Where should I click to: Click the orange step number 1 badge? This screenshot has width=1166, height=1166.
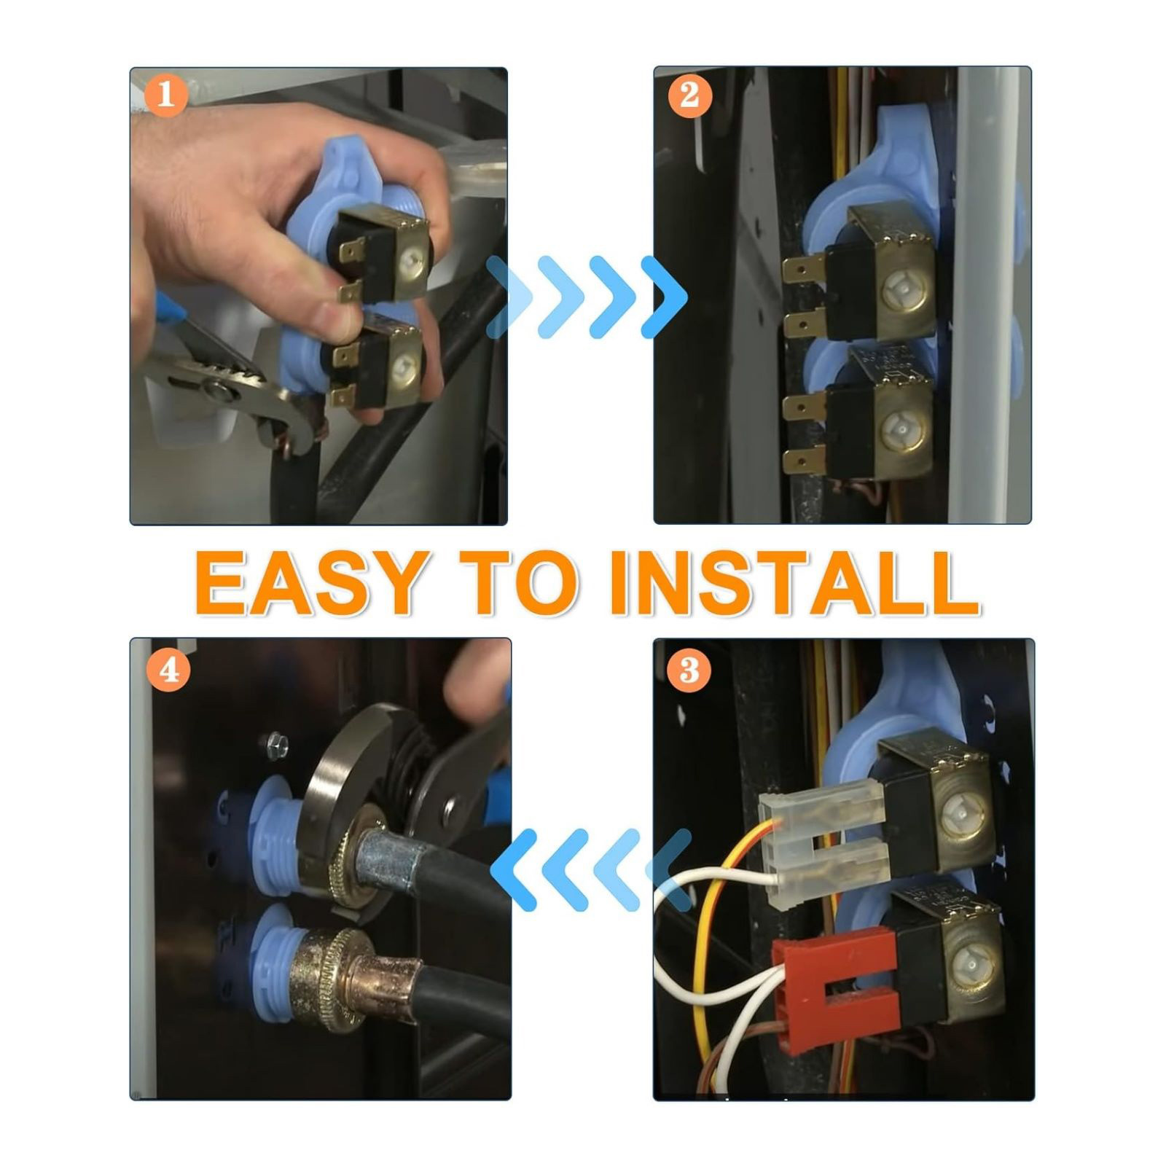click(x=166, y=95)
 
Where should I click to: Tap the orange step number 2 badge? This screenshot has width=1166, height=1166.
click(x=689, y=95)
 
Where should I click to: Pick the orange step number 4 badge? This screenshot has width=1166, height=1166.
click(x=169, y=669)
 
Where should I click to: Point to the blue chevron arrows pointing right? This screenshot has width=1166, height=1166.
click(x=587, y=297)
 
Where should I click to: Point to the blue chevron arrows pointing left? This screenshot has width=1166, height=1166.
click(x=591, y=870)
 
